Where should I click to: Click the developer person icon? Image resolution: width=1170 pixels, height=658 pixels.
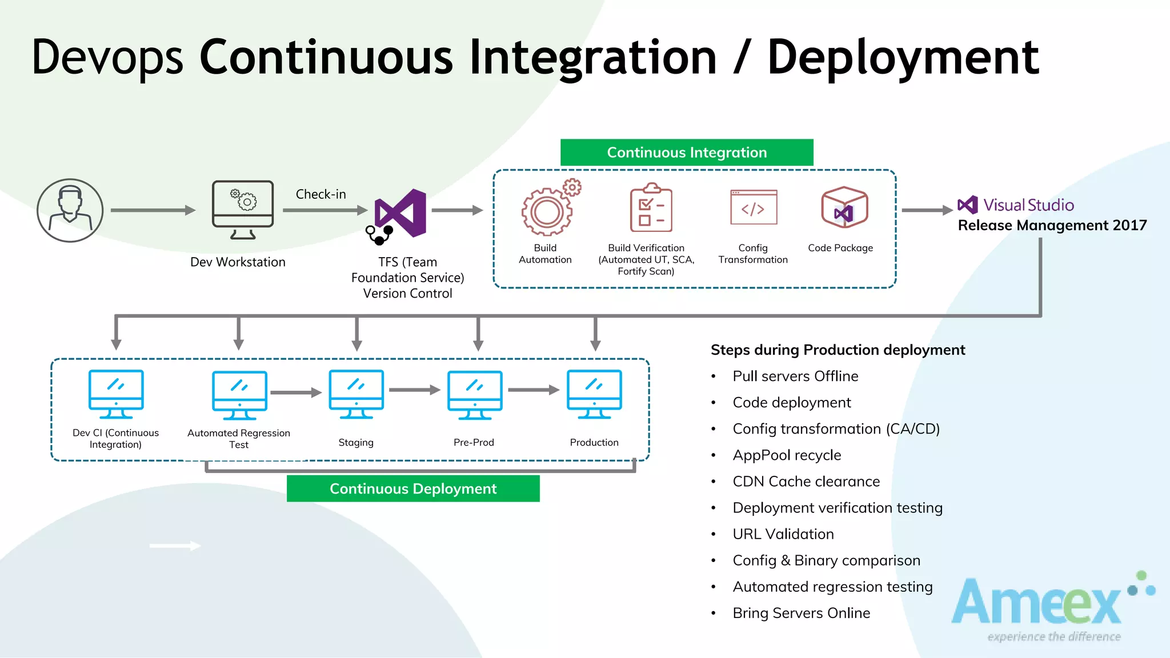point(70,210)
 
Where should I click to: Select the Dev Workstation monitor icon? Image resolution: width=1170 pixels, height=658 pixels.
point(243,209)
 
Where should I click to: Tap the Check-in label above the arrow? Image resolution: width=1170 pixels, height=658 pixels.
point(320,194)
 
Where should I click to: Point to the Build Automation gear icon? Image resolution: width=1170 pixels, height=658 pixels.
point(547,212)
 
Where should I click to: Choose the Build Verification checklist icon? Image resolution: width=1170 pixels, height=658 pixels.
point(651,208)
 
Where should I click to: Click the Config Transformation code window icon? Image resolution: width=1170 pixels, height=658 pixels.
point(754,208)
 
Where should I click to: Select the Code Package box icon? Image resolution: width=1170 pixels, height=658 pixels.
point(844,207)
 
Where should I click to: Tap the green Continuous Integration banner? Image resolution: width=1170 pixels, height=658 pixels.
point(687,153)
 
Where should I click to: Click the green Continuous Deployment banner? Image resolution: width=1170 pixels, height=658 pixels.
point(413,489)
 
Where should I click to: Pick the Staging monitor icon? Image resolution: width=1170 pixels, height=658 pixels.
point(356,394)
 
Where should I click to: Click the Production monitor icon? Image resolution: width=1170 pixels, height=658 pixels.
point(594,394)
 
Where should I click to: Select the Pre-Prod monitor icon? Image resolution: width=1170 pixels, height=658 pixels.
point(475,395)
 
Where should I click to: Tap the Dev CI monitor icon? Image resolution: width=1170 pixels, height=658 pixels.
point(116,394)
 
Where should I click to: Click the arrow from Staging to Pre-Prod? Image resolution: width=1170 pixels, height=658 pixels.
point(414,390)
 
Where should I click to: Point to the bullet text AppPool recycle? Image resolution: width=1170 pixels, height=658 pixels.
point(787,455)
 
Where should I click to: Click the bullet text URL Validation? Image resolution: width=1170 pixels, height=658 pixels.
point(783,534)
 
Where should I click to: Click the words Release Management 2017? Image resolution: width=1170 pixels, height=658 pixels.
point(1052,226)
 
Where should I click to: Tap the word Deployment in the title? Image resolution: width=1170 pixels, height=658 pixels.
point(903,57)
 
